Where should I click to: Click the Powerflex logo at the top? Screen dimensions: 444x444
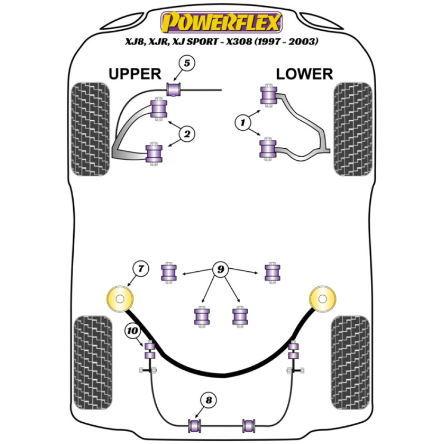(x=222, y=23)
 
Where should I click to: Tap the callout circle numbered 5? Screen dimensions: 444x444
(x=187, y=63)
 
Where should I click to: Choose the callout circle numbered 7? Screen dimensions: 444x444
(x=140, y=268)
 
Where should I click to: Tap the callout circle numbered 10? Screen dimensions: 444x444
(x=132, y=330)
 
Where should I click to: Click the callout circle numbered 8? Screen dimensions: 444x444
(x=208, y=400)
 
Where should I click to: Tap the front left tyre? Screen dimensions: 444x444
(x=90, y=129)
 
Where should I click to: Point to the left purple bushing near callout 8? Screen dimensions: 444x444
(x=195, y=424)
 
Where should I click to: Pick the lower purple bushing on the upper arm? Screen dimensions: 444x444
(x=155, y=153)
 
